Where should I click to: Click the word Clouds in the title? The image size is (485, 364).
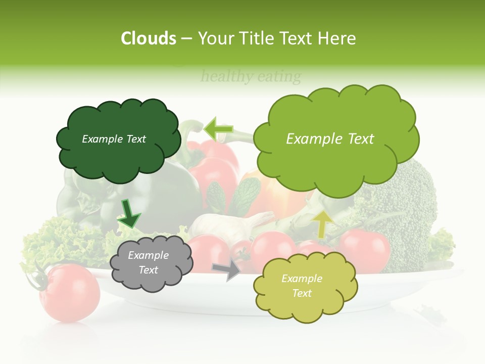pyautogui.click(x=149, y=38)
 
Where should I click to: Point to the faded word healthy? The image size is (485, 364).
pyautogui.click(x=227, y=77)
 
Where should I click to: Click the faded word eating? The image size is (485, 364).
pyautogui.click(x=279, y=77)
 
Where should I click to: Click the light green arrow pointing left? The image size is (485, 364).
pyautogui.click(x=219, y=129)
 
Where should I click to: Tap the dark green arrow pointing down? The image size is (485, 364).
pyautogui.click(x=129, y=214)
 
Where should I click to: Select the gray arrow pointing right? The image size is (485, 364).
pyautogui.click(x=227, y=269)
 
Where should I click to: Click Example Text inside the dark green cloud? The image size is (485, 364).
pyautogui.click(x=114, y=139)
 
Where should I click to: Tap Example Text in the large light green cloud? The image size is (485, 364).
pyautogui.click(x=330, y=139)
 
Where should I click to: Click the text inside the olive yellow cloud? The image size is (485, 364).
pyautogui.click(x=302, y=286)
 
